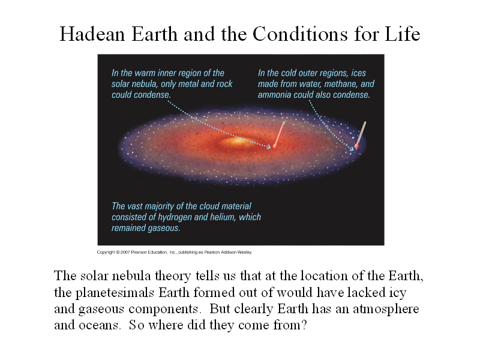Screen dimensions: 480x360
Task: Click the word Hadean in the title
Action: (92, 34)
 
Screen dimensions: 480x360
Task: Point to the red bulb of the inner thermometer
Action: (275, 146)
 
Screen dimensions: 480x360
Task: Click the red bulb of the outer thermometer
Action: (356, 145)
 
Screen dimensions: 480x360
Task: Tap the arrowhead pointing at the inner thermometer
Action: (269, 146)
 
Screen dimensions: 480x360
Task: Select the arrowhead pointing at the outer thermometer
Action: (352, 148)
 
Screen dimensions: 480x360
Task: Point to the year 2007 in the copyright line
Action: (125, 252)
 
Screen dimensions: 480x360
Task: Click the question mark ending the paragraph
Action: (304, 325)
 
